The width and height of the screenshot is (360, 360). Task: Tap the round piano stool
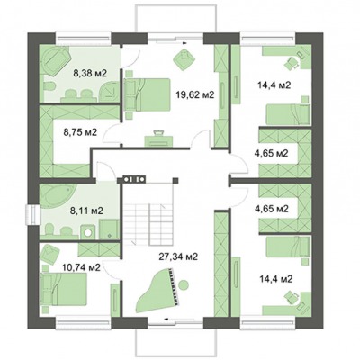pos(184,284)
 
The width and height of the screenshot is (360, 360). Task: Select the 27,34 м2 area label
pos(178,256)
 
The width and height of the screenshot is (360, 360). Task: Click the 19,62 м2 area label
pos(194,95)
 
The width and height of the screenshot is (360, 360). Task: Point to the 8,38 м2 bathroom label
pos(90,73)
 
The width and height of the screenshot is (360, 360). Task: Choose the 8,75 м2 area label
pos(80,132)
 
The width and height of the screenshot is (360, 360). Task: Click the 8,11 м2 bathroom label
pos(86,211)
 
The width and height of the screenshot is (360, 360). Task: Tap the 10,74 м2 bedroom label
pos(81,267)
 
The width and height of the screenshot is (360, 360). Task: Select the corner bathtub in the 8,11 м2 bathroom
pos(56,196)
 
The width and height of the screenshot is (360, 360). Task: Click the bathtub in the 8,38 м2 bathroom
pos(56,61)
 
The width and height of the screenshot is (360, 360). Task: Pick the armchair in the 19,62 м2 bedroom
pos(184,59)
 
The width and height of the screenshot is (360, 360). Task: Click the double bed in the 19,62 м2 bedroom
pos(147,94)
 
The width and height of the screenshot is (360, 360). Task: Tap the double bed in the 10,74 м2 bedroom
pos(64,289)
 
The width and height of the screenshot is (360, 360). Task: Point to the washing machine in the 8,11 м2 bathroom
pos(88,232)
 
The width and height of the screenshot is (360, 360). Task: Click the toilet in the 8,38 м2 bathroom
pos(49,87)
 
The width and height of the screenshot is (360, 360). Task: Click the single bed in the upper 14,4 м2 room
pos(288,114)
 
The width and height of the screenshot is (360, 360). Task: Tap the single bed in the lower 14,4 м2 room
pos(288,247)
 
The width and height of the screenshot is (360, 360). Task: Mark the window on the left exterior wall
pos(32,214)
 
